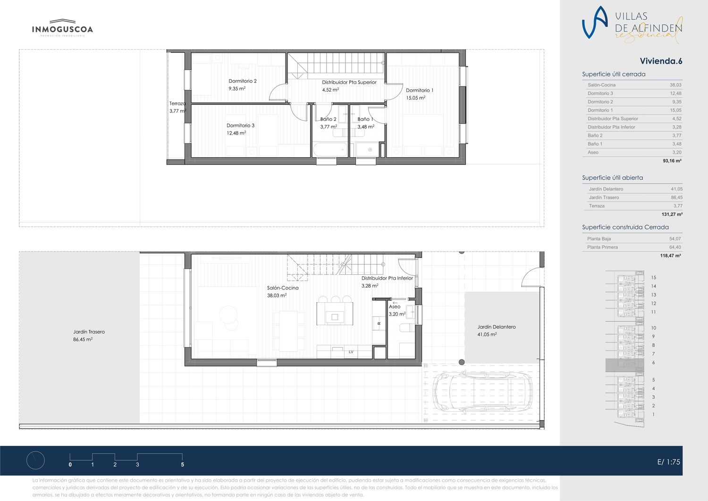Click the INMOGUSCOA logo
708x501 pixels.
pyautogui.click(x=63, y=28)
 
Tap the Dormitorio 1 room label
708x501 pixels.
pyautogui.click(x=420, y=91)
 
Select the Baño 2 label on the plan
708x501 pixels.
pyautogui.click(x=328, y=119)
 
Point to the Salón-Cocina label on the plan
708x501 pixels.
pyautogui.click(x=283, y=288)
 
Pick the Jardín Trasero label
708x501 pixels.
pyautogui.click(x=89, y=332)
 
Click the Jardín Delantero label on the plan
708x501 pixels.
pyautogui.click(x=496, y=327)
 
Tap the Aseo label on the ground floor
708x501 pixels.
pyautogui.click(x=395, y=306)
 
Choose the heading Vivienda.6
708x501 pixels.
pyautogui.click(x=661, y=61)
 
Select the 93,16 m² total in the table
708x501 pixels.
pyautogui.click(x=672, y=161)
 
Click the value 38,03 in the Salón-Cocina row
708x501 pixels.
pyautogui.click(x=675, y=85)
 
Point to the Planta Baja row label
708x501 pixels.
pyautogui.click(x=599, y=239)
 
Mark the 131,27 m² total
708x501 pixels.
pyautogui.click(x=672, y=214)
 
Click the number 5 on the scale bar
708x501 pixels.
pyautogui.click(x=182, y=465)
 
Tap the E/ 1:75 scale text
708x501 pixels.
pyautogui.click(x=668, y=462)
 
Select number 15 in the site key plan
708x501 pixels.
pyautogui.click(x=653, y=277)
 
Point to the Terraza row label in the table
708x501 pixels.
pyautogui.click(x=597, y=206)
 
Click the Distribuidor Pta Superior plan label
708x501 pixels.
pyautogui.click(x=349, y=82)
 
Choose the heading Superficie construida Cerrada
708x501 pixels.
pyautogui.click(x=625, y=227)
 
